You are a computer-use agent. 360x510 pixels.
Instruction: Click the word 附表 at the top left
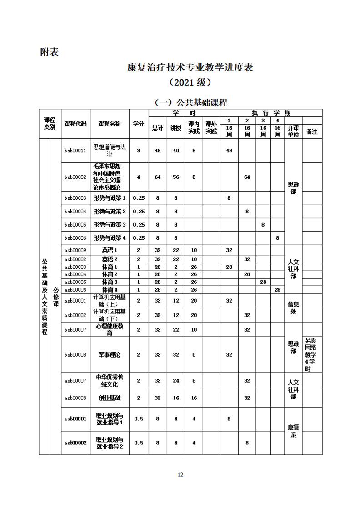[50, 51]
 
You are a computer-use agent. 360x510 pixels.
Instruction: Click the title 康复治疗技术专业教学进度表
[190, 67]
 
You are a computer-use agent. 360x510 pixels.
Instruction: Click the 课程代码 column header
[75, 123]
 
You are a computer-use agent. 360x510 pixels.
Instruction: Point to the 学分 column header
[139, 123]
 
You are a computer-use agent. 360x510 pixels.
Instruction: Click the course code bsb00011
[75, 151]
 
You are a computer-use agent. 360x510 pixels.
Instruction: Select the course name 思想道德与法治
[110, 151]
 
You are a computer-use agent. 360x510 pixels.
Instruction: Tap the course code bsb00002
[75, 177]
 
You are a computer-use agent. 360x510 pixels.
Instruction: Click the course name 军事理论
[110, 355]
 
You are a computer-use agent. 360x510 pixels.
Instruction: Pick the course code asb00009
[75, 250]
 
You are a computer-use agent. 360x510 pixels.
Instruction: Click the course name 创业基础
[110, 398]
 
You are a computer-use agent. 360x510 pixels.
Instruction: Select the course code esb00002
[75, 443]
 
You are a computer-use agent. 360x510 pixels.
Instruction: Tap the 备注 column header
[312, 131]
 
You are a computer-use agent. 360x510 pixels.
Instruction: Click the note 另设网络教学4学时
[312, 355]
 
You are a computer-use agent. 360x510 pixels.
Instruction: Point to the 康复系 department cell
[293, 431]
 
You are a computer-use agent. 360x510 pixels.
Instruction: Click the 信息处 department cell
[293, 308]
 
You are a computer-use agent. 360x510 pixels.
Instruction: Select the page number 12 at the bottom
[180, 475]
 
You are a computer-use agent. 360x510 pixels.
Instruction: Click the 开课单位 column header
[293, 131]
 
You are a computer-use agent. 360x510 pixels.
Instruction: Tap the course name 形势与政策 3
[110, 225]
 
